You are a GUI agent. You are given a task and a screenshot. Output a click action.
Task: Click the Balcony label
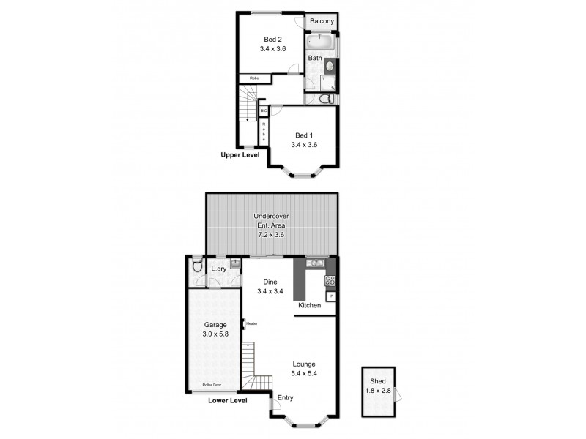pos(322,22)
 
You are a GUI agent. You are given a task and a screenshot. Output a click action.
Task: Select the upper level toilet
pos(328,98)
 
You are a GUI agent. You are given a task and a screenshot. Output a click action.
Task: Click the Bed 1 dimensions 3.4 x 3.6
pos(304,145)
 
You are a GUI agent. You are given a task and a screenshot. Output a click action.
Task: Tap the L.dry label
pos(218,269)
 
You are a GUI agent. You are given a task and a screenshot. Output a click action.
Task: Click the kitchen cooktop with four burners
pos(330,279)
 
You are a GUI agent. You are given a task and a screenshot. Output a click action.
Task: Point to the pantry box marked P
pos(331,296)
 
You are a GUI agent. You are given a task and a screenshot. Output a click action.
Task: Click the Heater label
pos(251,323)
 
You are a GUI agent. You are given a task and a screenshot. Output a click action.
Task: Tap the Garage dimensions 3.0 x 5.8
pos(215,334)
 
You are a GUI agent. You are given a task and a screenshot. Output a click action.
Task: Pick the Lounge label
pos(304,364)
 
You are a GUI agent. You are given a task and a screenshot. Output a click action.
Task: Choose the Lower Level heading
pos(227,400)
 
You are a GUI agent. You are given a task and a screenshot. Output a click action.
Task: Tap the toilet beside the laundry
pos(196,268)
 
